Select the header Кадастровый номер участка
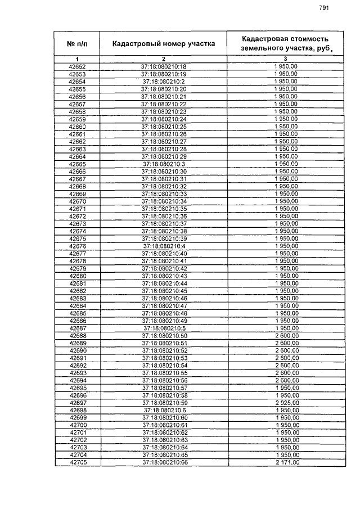[163, 43]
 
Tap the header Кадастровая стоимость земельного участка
[285, 43]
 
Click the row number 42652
[77, 67]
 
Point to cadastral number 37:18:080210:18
[164, 67]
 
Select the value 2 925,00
[286, 403]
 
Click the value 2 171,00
[286, 462]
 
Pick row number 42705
[77, 462]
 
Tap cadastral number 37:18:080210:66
[164, 462]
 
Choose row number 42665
[77, 164]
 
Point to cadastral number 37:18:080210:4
[164, 246]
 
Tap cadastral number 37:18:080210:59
[164, 403]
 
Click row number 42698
[77, 410]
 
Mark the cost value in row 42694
[286, 380]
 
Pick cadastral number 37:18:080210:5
[164, 328]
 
